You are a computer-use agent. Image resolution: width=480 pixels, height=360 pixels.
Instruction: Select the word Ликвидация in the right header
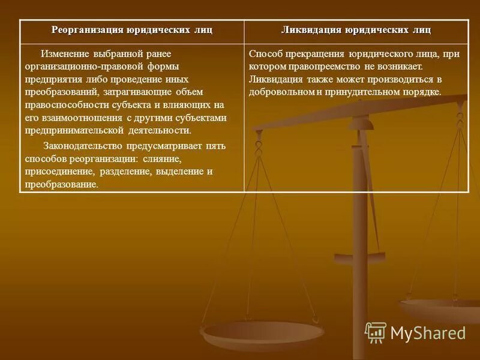tap(312, 31)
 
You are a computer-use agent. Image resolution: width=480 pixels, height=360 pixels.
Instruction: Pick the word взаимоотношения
tap(79, 118)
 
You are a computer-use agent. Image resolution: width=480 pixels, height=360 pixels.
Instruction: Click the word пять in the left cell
tap(215, 146)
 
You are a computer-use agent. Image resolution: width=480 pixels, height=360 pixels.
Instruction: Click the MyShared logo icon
tap(376, 332)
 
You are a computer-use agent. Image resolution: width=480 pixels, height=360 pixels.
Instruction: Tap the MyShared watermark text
tap(428, 333)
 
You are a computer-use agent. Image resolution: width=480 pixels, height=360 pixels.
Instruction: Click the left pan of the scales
tap(262, 334)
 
